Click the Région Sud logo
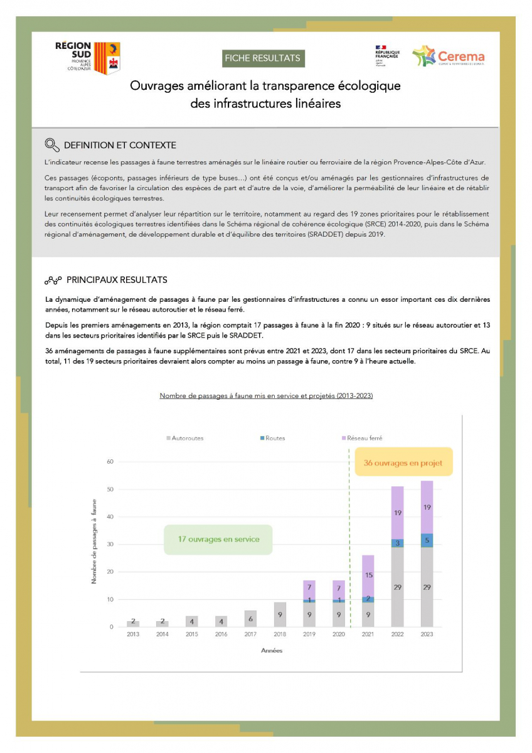(87, 58)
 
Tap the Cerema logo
(448, 56)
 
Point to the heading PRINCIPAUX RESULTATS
(116, 280)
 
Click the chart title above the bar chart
(266, 396)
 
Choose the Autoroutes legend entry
(186, 438)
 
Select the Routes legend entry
(272, 438)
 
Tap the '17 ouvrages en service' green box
(218, 539)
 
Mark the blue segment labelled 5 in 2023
(427, 540)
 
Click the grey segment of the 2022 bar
(397, 587)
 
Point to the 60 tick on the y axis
(110, 462)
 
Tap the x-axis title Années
(272, 651)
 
